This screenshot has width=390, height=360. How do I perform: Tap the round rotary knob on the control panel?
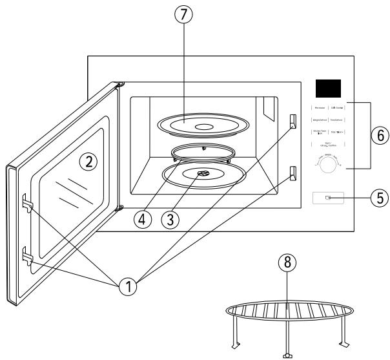click(x=330, y=167)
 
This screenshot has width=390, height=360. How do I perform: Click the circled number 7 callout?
click(x=183, y=16)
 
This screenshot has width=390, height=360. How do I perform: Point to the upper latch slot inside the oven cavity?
click(x=293, y=121)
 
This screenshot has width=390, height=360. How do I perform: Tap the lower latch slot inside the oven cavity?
click(x=293, y=173)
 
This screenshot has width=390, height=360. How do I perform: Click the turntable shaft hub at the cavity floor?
click(x=203, y=173)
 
